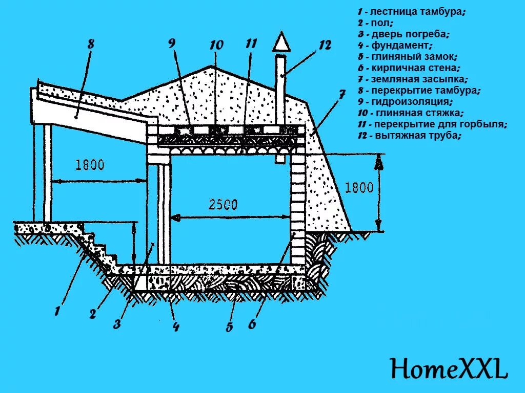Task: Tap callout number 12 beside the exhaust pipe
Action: tap(325, 45)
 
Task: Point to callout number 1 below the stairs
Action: tap(58, 310)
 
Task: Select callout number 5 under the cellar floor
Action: tap(229, 327)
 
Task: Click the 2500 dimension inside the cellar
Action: tap(223, 205)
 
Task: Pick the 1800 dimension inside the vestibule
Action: tap(90, 165)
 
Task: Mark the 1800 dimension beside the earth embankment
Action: tap(359, 187)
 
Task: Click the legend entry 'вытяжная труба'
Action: tap(410, 136)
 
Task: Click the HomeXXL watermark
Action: tap(449, 368)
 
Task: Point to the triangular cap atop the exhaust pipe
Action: tap(280, 43)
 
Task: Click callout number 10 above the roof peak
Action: tap(216, 45)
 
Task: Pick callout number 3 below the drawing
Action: tap(117, 324)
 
